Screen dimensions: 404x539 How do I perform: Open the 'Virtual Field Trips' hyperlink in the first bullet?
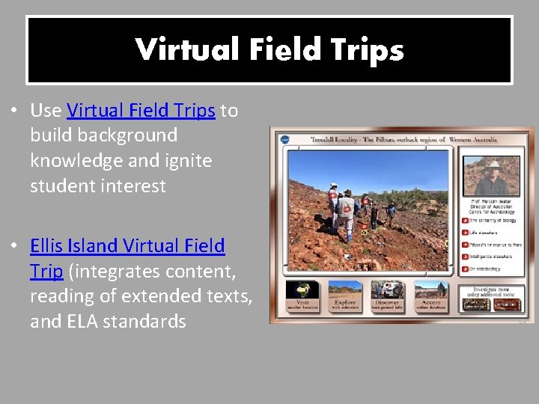(x=141, y=111)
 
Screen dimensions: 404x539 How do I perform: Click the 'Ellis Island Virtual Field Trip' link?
(x=127, y=245)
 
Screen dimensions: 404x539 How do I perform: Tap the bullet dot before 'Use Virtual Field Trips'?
(x=14, y=111)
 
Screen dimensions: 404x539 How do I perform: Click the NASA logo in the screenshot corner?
(x=284, y=139)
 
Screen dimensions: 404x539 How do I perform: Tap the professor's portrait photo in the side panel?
(x=492, y=176)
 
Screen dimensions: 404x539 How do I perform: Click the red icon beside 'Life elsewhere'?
(x=465, y=233)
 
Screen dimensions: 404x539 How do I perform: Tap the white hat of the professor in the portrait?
(x=493, y=163)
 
